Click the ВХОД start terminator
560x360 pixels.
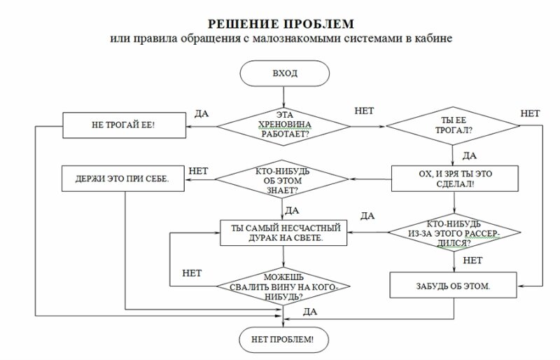284,73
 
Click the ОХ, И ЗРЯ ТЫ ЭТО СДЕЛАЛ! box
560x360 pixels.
454,178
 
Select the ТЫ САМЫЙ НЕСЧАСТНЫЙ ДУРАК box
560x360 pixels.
284,233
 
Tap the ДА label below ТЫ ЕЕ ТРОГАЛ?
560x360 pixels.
470,154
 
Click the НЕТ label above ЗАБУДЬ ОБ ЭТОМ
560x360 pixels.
472,260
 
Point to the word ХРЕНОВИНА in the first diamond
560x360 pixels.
284,124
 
